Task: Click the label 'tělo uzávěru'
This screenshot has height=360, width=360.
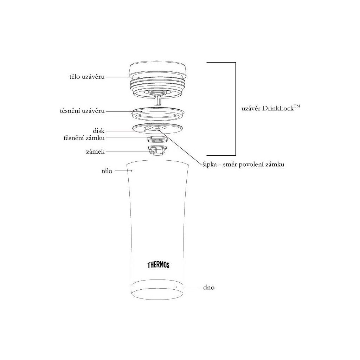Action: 87,76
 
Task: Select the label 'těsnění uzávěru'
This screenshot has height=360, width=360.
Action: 82,111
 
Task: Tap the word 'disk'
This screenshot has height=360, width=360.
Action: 98,131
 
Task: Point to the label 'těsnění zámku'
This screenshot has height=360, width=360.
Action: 84,138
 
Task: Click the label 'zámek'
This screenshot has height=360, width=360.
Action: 95,152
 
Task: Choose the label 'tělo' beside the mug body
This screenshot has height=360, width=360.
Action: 107,171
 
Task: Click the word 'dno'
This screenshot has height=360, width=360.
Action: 209,288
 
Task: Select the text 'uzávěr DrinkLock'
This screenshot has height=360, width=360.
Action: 268,108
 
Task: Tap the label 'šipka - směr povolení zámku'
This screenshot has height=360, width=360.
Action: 243,165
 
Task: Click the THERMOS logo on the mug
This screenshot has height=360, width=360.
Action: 159,265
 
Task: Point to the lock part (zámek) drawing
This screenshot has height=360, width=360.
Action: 157,150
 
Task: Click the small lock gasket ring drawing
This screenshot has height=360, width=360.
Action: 157,139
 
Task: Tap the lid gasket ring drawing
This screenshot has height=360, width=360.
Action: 157,114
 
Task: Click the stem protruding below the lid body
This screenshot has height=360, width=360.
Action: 157,101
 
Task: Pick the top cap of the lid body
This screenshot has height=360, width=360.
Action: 157,70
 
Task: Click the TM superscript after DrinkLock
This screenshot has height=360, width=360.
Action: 297,106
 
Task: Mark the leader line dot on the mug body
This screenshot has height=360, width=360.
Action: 132,171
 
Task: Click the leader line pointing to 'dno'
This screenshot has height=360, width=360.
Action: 188,287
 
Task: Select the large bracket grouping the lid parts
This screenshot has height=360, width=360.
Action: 236,109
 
